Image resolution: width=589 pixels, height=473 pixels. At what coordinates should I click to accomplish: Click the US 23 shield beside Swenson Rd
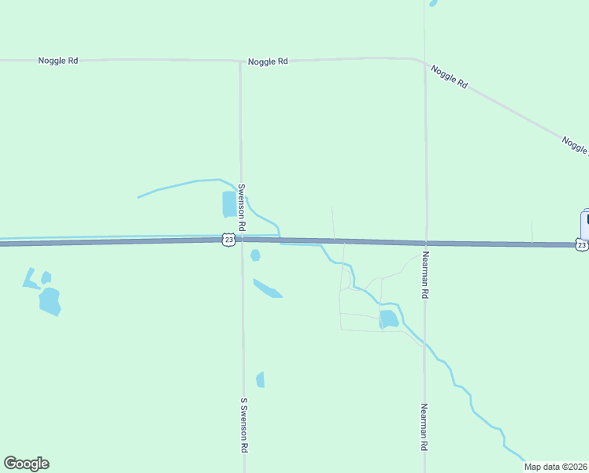[x=228, y=239]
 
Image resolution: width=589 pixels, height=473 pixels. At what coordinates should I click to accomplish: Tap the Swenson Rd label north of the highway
[x=243, y=207]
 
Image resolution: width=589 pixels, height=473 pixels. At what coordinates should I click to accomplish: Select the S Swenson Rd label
[x=244, y=425]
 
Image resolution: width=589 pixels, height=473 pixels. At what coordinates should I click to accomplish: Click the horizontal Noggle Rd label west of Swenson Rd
[x=58, y=61]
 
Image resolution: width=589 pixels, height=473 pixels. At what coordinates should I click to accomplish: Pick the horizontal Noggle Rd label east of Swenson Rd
[x=268, y=61]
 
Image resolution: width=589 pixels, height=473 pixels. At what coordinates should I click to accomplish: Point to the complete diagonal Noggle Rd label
[x=450, y=76]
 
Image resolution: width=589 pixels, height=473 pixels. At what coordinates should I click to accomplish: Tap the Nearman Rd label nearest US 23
[x=424, y=274]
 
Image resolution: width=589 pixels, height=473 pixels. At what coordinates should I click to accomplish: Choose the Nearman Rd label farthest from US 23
[x=424, y=427]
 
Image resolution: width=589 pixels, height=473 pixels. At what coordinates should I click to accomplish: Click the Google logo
[x=26, y=464]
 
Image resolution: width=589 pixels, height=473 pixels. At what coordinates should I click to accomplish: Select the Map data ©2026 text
[x=555, y=467]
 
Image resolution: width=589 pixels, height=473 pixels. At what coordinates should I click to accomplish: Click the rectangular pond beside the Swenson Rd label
[x=228, y=204]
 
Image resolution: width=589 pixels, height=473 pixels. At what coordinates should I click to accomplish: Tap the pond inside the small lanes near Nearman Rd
[x=388, y=319]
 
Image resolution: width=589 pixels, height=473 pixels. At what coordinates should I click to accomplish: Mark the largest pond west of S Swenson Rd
[x=50, y=301]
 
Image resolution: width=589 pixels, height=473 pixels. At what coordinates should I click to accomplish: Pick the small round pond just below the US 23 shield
[x=255, y=255]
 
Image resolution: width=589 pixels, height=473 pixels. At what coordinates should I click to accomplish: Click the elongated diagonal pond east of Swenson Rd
[x=268, y=289]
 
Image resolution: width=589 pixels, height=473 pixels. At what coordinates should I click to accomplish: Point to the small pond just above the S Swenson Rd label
[x=261, y=380]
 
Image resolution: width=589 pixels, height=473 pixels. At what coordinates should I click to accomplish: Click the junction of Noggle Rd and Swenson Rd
[x=240, y=61]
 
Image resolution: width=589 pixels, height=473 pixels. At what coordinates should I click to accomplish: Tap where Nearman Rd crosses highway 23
[x=425, y=243]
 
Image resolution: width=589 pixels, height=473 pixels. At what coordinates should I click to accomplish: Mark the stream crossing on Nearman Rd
[x=425, y=346]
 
